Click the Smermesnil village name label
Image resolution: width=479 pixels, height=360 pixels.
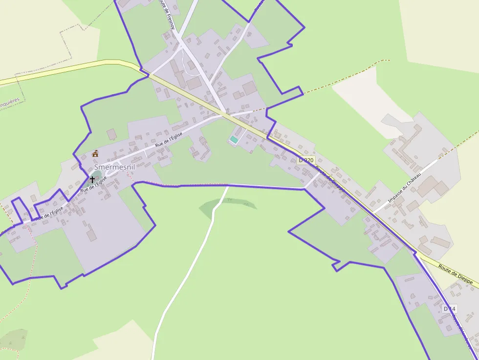tap(114, 167)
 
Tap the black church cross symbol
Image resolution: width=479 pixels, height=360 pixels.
tap(92, 180)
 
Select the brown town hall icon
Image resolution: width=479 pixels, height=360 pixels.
tap(95, 154)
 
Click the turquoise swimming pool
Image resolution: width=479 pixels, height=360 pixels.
tap(234, 140)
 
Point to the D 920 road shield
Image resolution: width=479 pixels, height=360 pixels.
tap(306, 160)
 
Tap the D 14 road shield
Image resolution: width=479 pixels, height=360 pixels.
tap(449, 309)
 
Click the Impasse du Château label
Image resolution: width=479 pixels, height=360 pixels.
tap(404, 188)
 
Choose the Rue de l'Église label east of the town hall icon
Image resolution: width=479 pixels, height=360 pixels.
tap(169, 140)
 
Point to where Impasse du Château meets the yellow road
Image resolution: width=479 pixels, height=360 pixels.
tap(373, 212)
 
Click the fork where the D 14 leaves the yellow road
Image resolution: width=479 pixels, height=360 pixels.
tap(415, 253)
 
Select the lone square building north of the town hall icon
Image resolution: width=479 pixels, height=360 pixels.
tap(111, 134)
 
